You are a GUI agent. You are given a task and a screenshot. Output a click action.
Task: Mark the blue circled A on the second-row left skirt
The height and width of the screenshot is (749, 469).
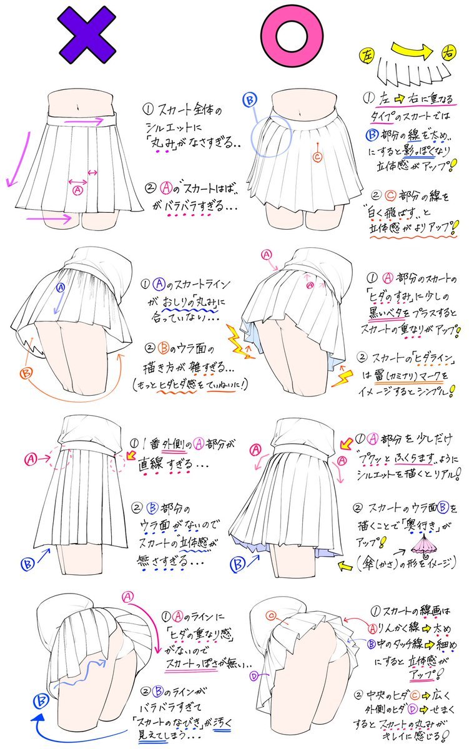point(61,288)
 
